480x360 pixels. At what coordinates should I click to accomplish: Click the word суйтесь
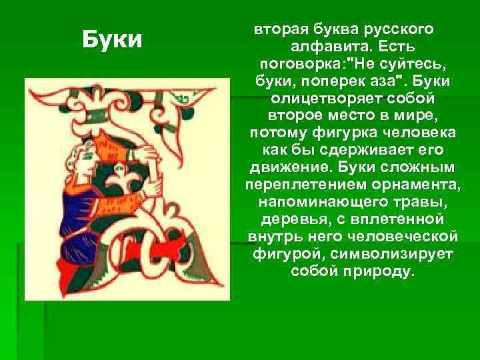click(x=407, y=65)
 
